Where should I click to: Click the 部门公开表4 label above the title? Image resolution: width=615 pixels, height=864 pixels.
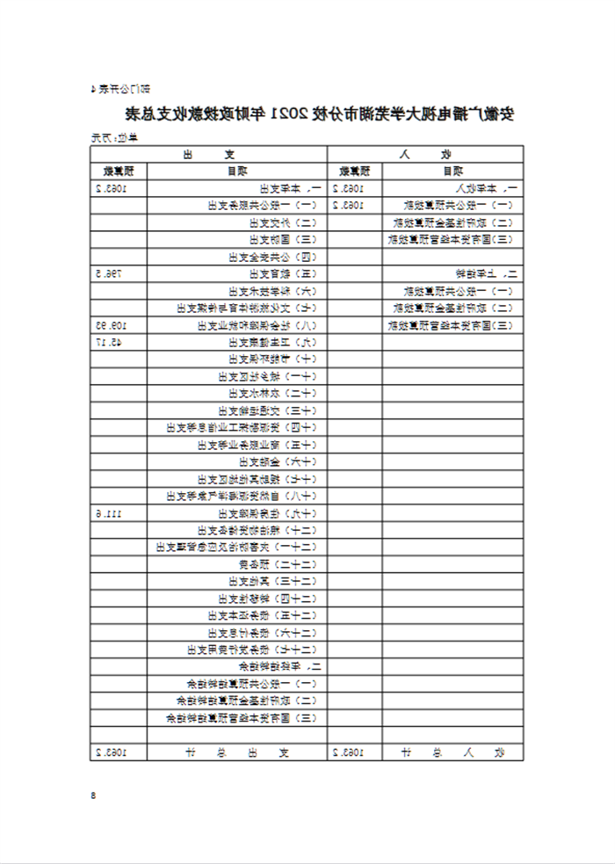pyautogui.click(x=120, y=88)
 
